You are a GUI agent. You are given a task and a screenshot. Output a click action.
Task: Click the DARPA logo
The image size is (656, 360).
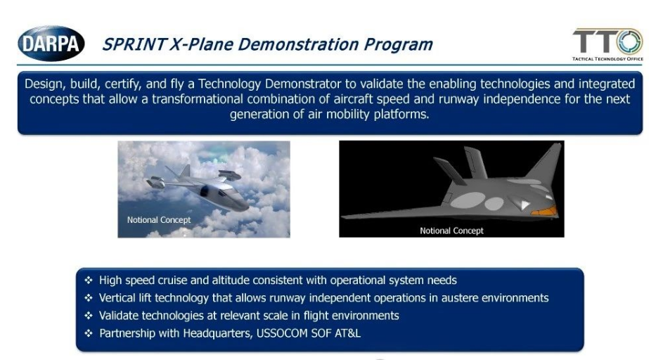click(x=51, y=43)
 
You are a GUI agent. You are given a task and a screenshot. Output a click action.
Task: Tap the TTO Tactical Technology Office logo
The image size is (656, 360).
click(x=607, y=44)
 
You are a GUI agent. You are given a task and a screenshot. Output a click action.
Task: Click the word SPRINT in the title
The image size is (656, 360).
click(x=134, y=44)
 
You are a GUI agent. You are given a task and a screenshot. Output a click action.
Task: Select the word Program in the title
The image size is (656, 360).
click(x=398, y=45)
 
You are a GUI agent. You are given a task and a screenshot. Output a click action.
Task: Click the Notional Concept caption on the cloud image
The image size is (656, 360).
click(x=159, y=220)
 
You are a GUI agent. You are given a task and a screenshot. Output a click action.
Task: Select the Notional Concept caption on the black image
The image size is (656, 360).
click(x=451, y=231)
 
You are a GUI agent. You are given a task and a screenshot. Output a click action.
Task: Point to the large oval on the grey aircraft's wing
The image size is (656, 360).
click(x=468, y=200)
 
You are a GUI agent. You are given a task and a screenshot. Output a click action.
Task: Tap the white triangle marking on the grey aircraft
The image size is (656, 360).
click(x=523, y=205)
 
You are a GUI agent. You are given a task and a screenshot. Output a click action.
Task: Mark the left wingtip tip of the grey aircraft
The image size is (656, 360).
click(x=342, y=217)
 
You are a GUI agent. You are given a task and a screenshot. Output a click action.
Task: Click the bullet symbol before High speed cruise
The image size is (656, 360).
click(x=89, y=280)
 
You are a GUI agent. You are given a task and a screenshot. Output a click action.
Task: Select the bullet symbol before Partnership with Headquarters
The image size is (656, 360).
click(x=89, y=333)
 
